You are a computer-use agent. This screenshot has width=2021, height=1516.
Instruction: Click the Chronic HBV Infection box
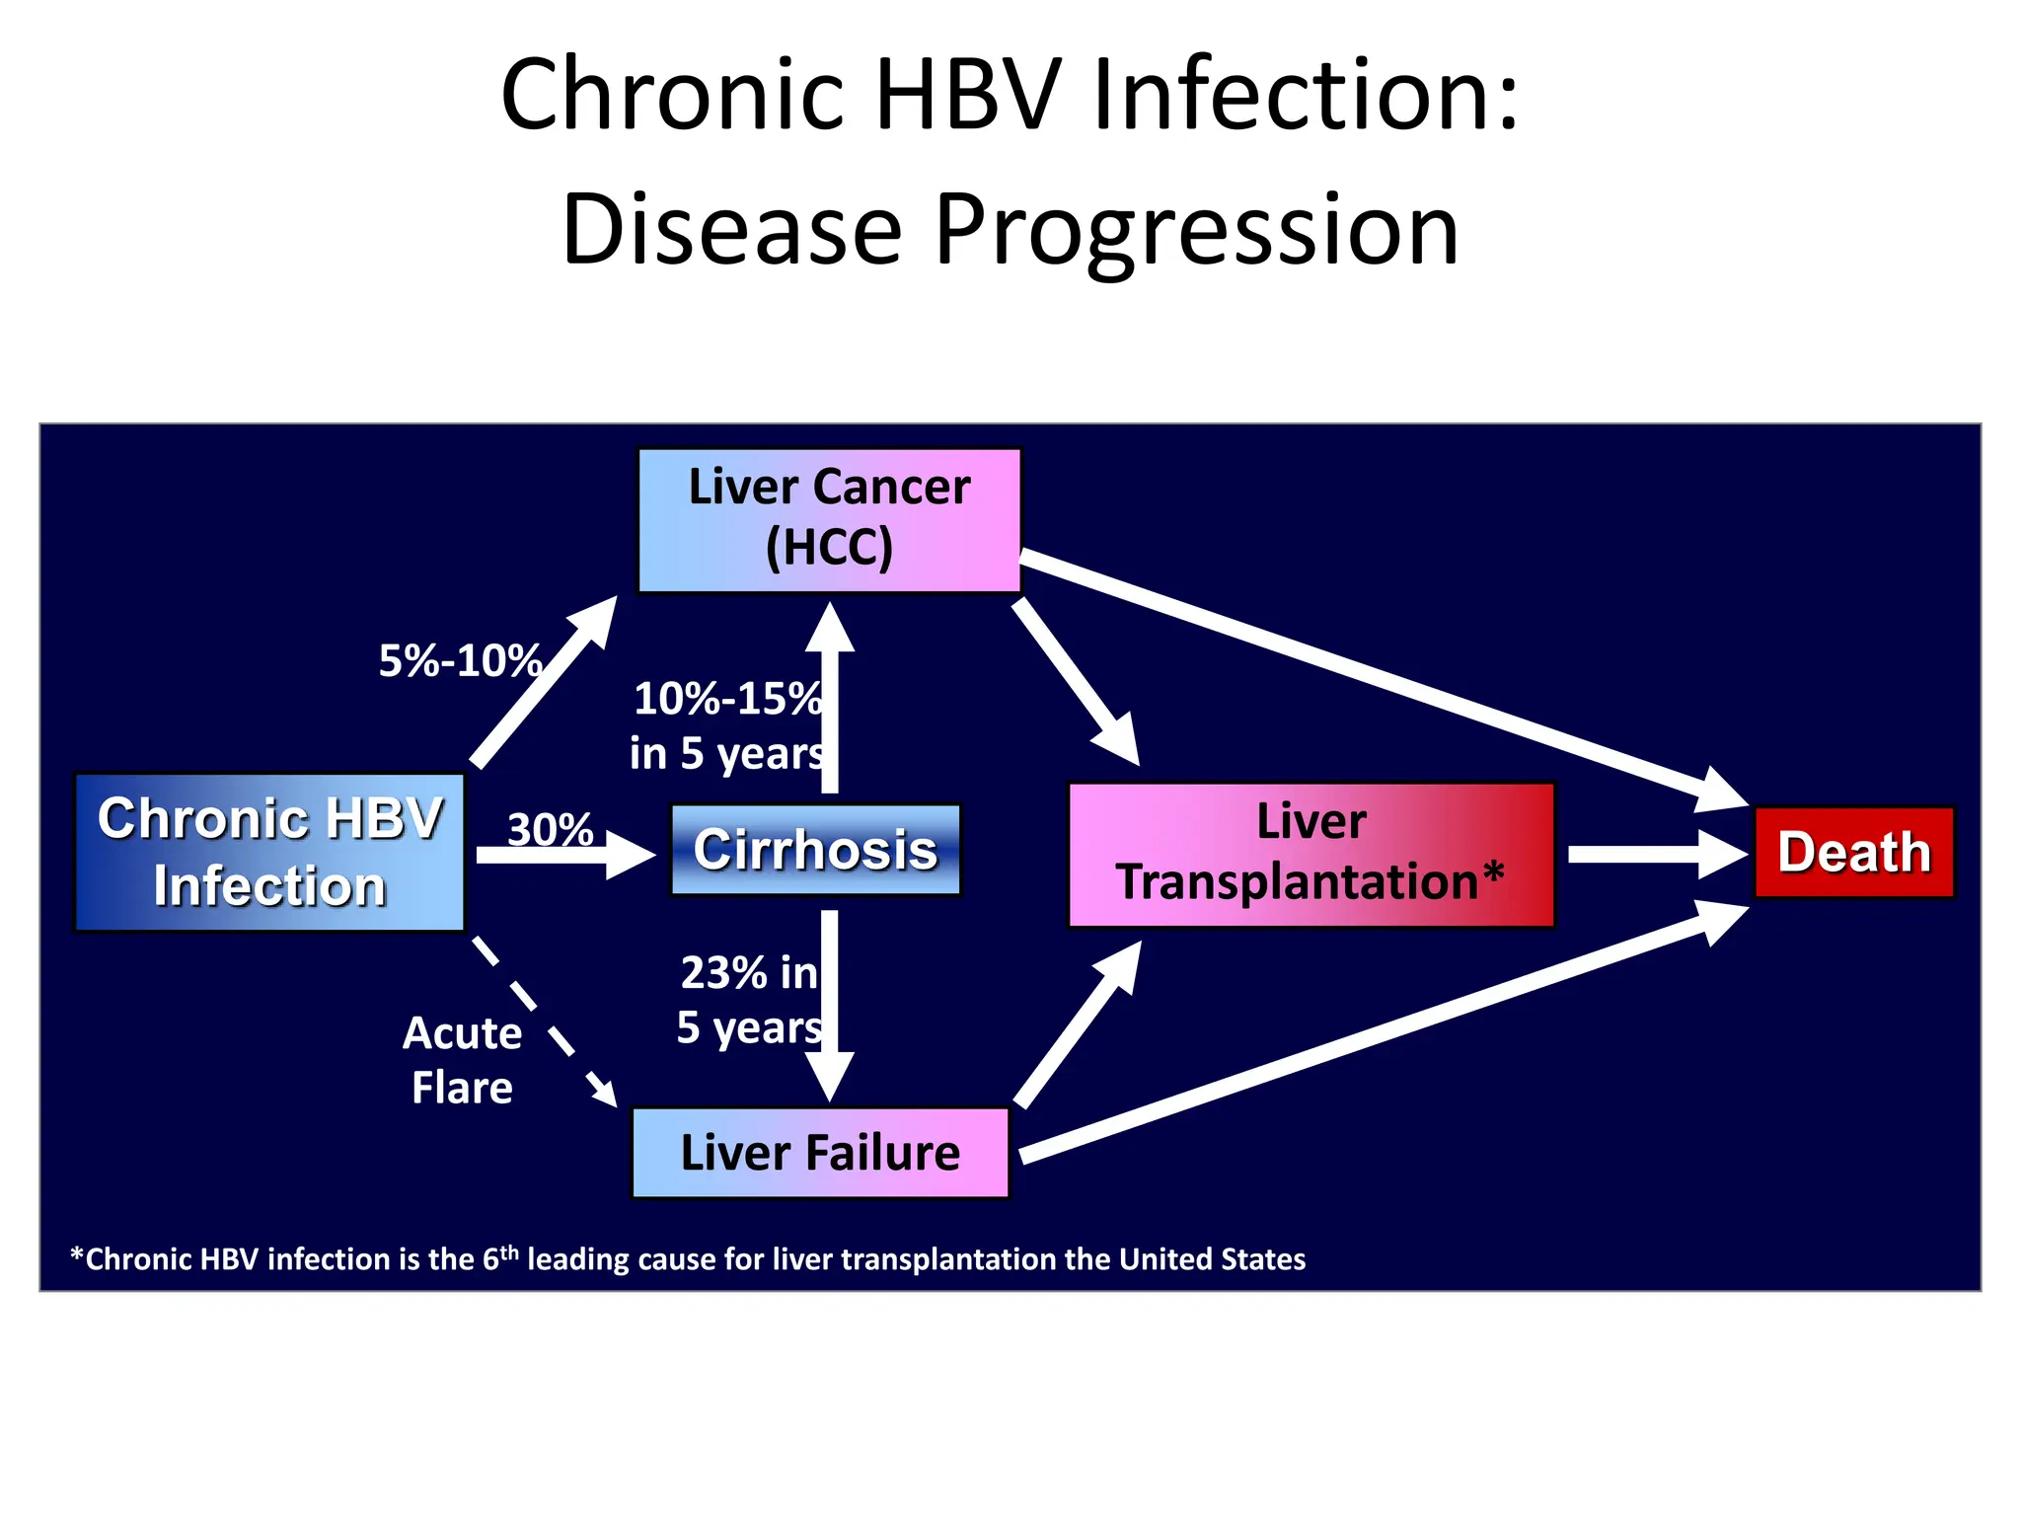269,852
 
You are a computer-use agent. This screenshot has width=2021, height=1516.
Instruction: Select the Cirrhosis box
815,850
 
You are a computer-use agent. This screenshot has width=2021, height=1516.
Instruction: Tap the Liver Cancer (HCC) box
829,520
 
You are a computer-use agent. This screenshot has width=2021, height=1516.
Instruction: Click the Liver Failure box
820,1152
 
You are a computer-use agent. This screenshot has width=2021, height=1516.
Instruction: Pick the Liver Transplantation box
1310,854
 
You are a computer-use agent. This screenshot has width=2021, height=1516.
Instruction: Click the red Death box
1853,853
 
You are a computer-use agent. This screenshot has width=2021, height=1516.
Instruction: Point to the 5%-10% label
460,660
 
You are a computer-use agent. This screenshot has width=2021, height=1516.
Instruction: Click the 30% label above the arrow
550,829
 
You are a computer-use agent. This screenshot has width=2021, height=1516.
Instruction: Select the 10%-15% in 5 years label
727,725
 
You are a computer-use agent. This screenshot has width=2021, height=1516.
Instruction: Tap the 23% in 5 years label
749,1000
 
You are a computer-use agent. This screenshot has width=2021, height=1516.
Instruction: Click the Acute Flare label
462,1060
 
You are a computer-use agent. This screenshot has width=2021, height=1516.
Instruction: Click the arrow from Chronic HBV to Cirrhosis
562,855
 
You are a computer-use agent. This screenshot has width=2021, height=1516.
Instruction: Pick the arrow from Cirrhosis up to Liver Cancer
830,701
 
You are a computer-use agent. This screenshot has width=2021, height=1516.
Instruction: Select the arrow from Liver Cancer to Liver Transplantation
1076,681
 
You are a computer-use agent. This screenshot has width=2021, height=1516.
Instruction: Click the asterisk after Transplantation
1493,872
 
